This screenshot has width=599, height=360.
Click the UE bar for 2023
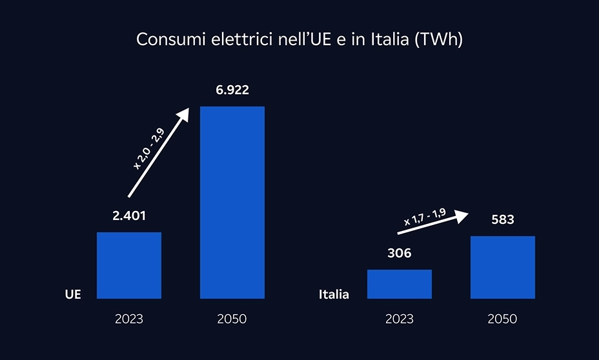(129, 265)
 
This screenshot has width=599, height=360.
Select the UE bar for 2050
(232, 203)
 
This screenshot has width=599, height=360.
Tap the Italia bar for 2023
(399, 284)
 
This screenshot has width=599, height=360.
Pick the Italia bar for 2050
(502, 267)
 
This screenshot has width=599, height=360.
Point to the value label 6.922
(232, 90)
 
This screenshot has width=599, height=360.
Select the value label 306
(399, 254)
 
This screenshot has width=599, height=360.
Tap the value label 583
(502, 220)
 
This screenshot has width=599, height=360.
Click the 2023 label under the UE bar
(129, 319)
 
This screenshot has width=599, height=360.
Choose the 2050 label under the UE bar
(232, 319)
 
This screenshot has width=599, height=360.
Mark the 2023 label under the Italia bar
(399, 319)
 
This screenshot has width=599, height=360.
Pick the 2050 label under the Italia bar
(502, 319)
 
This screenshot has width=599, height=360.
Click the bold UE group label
(73, 294)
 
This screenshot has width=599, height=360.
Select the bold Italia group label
(334, 295)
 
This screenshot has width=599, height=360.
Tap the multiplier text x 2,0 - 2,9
(149, 149)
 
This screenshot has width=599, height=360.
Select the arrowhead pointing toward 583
(460, 215)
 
